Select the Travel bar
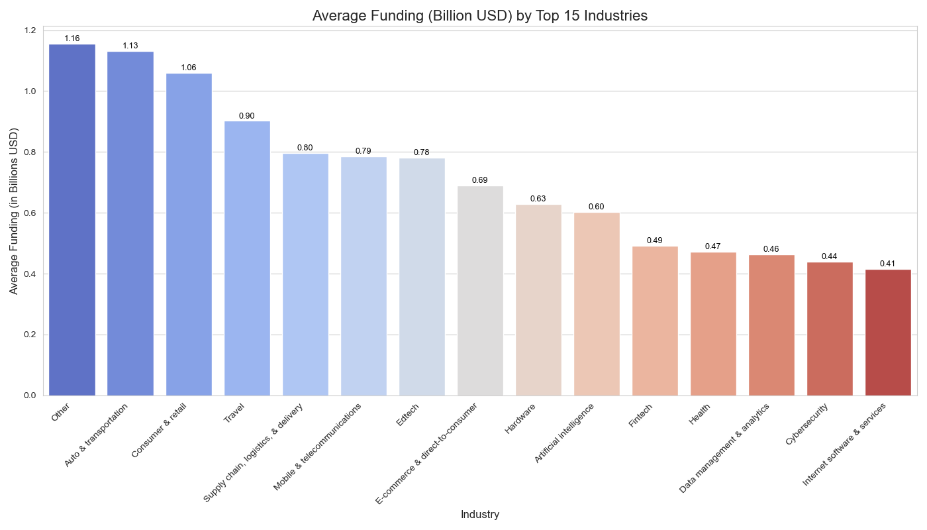click(247, 258)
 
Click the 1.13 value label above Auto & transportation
click(130, 46)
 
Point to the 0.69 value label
click(480, 180)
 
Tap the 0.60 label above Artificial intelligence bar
click(596, 207)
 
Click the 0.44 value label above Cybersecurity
click(829, 256)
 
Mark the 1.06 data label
click(189, 68)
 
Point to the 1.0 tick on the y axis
click(30, 91)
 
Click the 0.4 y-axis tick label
click(30, 274)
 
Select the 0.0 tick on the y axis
click(30, 396)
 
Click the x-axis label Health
click(699, 415)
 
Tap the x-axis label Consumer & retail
click(159, 431)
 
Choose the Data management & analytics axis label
click(724, 448)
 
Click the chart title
click(479, 15)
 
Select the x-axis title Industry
click(479, 515)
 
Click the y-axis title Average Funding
click(14, 211)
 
